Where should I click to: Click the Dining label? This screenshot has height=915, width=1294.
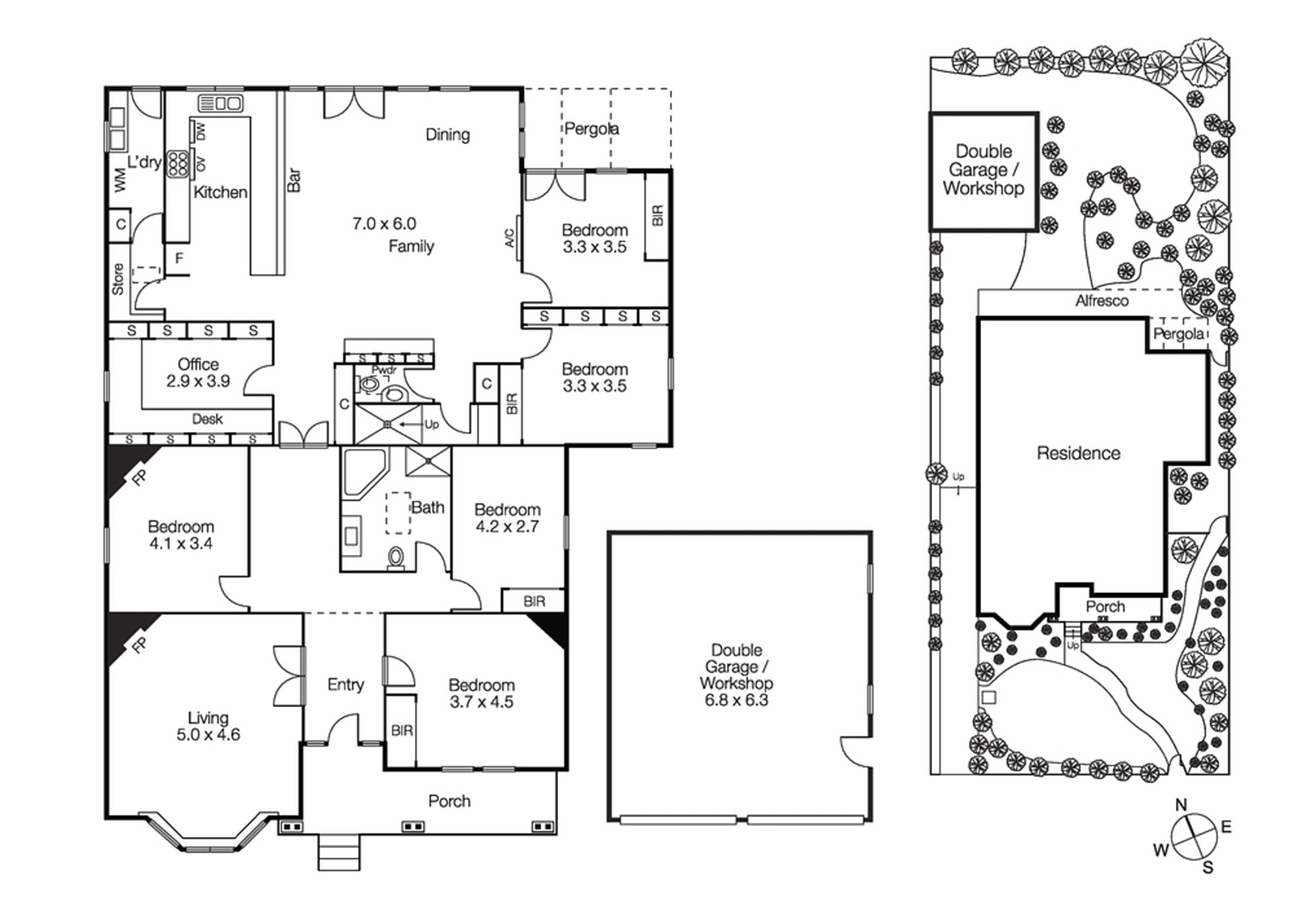[x=447, y=135]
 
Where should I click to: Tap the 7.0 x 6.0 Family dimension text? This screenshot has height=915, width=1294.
[x=384, y=224]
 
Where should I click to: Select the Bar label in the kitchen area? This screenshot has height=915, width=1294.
[x=294, y=180]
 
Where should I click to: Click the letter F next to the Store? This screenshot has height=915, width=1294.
[x=180, y=259]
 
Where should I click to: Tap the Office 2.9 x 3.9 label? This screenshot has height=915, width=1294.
[x=198, y=373]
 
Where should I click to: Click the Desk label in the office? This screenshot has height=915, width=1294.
[x=207, y=419]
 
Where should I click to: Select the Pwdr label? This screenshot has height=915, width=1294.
[x=383, y=371]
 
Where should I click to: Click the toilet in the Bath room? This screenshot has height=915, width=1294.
[x=396, y=558]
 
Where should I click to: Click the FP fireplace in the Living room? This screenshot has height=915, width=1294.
[x=139, y=645]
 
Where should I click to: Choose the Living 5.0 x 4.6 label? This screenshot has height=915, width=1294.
[x=208, y=726]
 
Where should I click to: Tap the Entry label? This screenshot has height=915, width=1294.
[x=345, y=685]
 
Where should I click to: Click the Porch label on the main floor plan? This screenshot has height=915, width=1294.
[x=449, y=801]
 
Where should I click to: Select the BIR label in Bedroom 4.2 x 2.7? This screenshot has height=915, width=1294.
[x=534, y=602]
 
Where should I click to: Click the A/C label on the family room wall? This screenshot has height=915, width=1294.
[x=510, y=238]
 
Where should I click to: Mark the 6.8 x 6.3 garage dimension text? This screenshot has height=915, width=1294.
[x=736, y=701]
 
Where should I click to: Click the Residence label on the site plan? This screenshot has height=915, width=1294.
[x=1078, y=454]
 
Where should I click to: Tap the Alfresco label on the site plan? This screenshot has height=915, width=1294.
[x=1102, y=301]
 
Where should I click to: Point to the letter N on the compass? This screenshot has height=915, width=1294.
[x=1181, y=805]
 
